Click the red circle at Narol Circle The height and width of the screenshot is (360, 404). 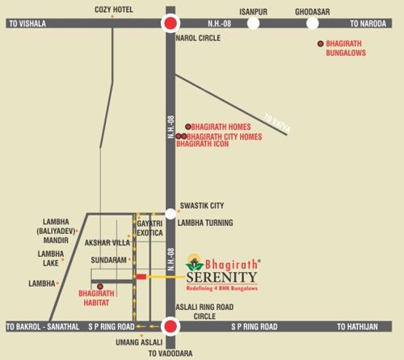tap(170, 23)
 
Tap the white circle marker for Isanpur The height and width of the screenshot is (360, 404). tap(254, 23)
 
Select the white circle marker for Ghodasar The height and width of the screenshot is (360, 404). tap(311, 23)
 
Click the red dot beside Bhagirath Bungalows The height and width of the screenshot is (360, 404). tap(321, 43)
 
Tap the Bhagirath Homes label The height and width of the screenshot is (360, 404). tap(221, 127)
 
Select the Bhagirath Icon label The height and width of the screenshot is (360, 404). tap(204, 144)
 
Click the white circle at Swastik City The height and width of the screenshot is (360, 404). tap(170, 207)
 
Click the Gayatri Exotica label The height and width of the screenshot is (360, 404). tap(149, 227)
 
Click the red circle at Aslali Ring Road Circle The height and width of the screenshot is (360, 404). tap(170, 326)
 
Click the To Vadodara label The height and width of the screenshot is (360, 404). tap(170, 354)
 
